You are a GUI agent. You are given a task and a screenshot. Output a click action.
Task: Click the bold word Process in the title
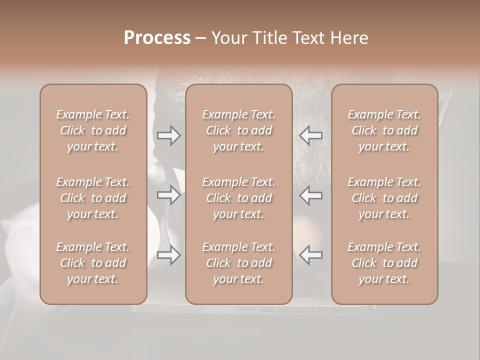click(157, 38)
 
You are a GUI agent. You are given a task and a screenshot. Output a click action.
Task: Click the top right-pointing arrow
click(168, 135)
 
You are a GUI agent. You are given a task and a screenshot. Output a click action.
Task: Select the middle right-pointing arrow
click(168, 195)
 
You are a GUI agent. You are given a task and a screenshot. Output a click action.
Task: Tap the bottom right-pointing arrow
click(168, 255)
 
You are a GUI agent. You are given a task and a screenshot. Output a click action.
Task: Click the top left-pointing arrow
click(311, 135)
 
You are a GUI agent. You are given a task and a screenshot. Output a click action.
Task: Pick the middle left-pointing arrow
click(311, 195)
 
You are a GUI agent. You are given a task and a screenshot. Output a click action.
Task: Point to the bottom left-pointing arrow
click(311, 255)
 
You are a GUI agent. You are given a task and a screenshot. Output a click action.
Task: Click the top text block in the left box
click(93, 130)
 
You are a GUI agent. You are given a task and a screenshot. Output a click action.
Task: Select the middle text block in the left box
click(93, 198)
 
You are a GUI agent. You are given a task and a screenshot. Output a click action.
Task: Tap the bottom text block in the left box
click(93, 263)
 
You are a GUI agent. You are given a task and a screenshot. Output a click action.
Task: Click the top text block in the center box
click(238, 130)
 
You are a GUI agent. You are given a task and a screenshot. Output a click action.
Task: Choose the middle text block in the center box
click(238, 198)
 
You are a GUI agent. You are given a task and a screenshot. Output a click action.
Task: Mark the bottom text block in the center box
click(238, 263)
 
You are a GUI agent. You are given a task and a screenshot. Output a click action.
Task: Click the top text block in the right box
click(384, 130)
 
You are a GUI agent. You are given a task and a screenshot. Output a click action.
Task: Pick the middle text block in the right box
click(384, 198)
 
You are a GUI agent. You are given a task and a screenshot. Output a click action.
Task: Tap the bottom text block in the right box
click(384, 263)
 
